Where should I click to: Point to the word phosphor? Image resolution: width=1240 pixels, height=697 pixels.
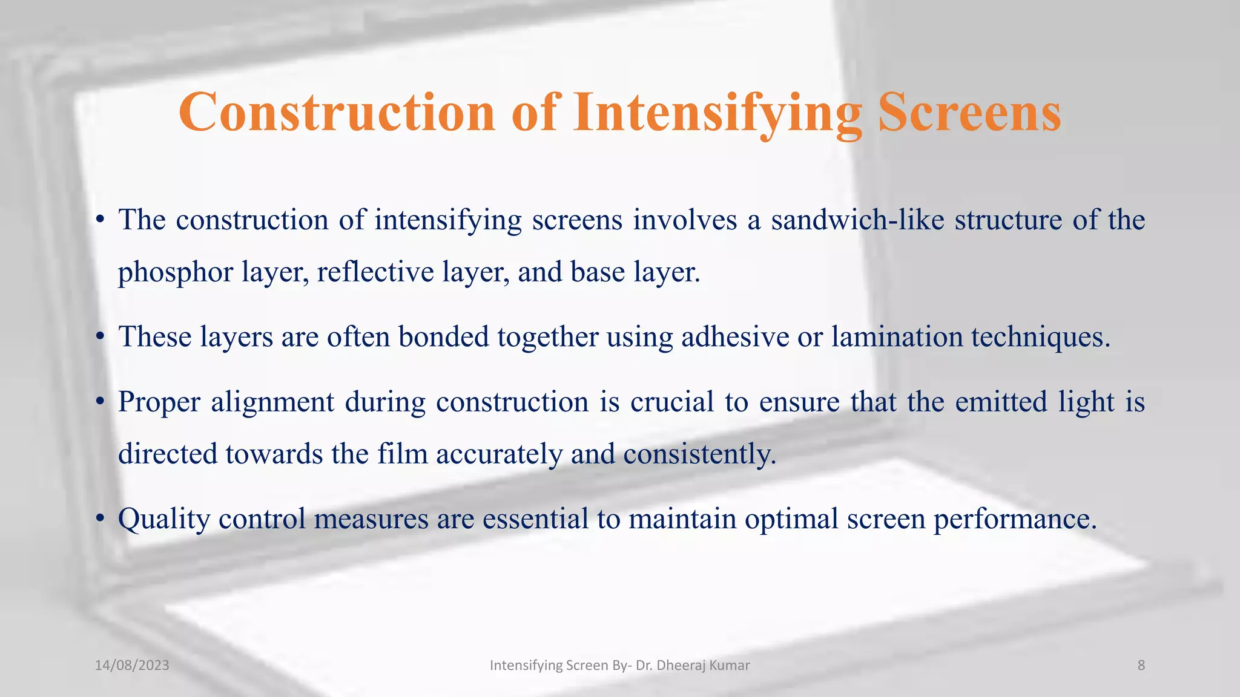tap(175, 272)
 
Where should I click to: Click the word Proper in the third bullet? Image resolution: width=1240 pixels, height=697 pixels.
tap(159, 402)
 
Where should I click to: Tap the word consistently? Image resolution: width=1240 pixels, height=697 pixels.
tap(699, 454)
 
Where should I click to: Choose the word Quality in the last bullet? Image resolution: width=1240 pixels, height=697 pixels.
tap(163, 519)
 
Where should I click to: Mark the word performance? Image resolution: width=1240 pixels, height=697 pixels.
tap(1015, 519)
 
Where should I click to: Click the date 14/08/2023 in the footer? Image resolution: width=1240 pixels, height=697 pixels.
tap(132, 666)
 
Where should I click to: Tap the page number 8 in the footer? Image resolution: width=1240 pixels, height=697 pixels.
tap(1141, 666)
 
